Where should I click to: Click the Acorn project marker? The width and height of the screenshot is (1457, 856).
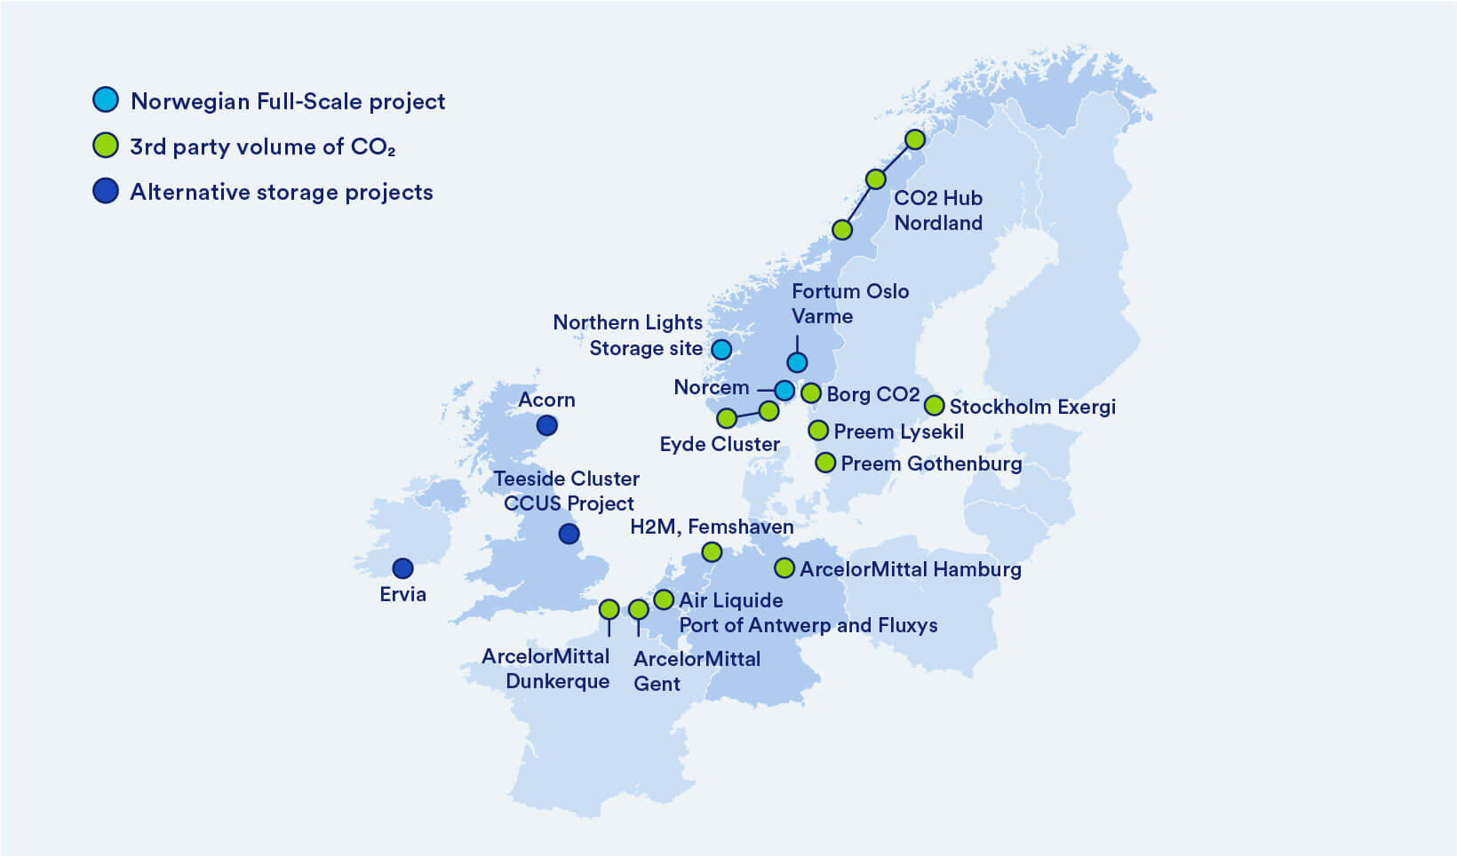547,425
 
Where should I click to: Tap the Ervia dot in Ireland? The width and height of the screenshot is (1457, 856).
402,568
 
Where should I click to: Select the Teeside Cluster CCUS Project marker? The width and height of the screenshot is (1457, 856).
569,534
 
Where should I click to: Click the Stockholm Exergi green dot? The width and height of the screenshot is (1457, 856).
934,406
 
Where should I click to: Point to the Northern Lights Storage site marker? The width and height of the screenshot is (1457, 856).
721,349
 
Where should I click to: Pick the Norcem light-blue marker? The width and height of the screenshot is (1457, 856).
784,390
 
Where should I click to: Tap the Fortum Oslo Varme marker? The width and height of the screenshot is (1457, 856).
797,362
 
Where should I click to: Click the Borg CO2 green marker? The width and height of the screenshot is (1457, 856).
810,392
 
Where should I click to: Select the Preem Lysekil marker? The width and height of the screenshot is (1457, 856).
818,431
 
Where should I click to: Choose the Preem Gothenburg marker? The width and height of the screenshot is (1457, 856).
825,463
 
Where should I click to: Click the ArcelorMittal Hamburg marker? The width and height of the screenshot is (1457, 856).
784,568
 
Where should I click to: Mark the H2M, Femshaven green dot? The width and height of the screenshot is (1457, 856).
712,552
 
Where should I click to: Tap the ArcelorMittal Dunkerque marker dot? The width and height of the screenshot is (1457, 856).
609,609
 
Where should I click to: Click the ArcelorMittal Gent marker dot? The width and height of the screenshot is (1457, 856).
638,609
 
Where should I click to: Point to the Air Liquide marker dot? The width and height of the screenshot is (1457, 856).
664,599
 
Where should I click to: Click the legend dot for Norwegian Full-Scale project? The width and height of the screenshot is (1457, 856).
106,99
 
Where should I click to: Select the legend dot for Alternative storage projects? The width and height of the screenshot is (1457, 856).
106,191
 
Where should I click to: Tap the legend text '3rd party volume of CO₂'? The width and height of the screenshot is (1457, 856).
262,147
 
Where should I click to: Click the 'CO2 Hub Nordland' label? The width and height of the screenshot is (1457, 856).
938,210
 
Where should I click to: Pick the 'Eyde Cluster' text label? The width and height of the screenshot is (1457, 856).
720,444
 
